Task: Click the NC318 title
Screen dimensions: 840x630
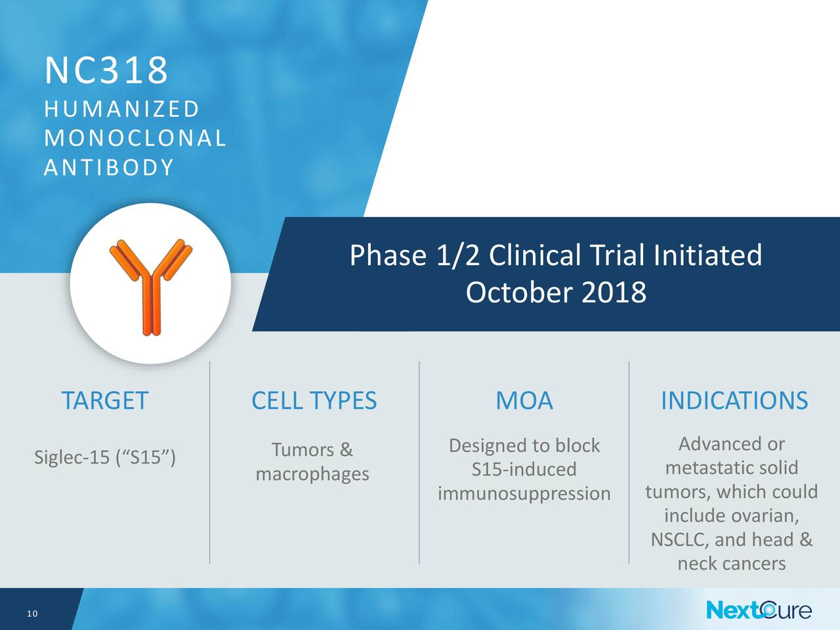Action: click(106, 70)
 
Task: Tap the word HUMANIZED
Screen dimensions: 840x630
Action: click(121, 109)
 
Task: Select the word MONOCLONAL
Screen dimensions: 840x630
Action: click(135, 138)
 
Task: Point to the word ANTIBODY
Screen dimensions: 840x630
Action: click(109, 167)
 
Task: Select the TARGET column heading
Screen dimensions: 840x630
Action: click(105, 400)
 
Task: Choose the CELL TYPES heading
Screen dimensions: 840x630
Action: click(314, 400)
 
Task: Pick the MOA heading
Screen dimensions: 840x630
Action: click(524, 400)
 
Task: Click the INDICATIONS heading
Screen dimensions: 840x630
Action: click(734, 400)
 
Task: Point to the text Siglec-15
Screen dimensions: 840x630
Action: click(72, 457)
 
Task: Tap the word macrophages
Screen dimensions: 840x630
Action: click(312, 474)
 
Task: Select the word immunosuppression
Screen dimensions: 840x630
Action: click(524, 493)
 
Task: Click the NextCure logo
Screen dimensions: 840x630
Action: click(759, 610)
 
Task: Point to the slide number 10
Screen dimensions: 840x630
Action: click(33, 614)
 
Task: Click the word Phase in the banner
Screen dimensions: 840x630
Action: click(388, 255)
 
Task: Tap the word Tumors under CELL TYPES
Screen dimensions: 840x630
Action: click(303, 450)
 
